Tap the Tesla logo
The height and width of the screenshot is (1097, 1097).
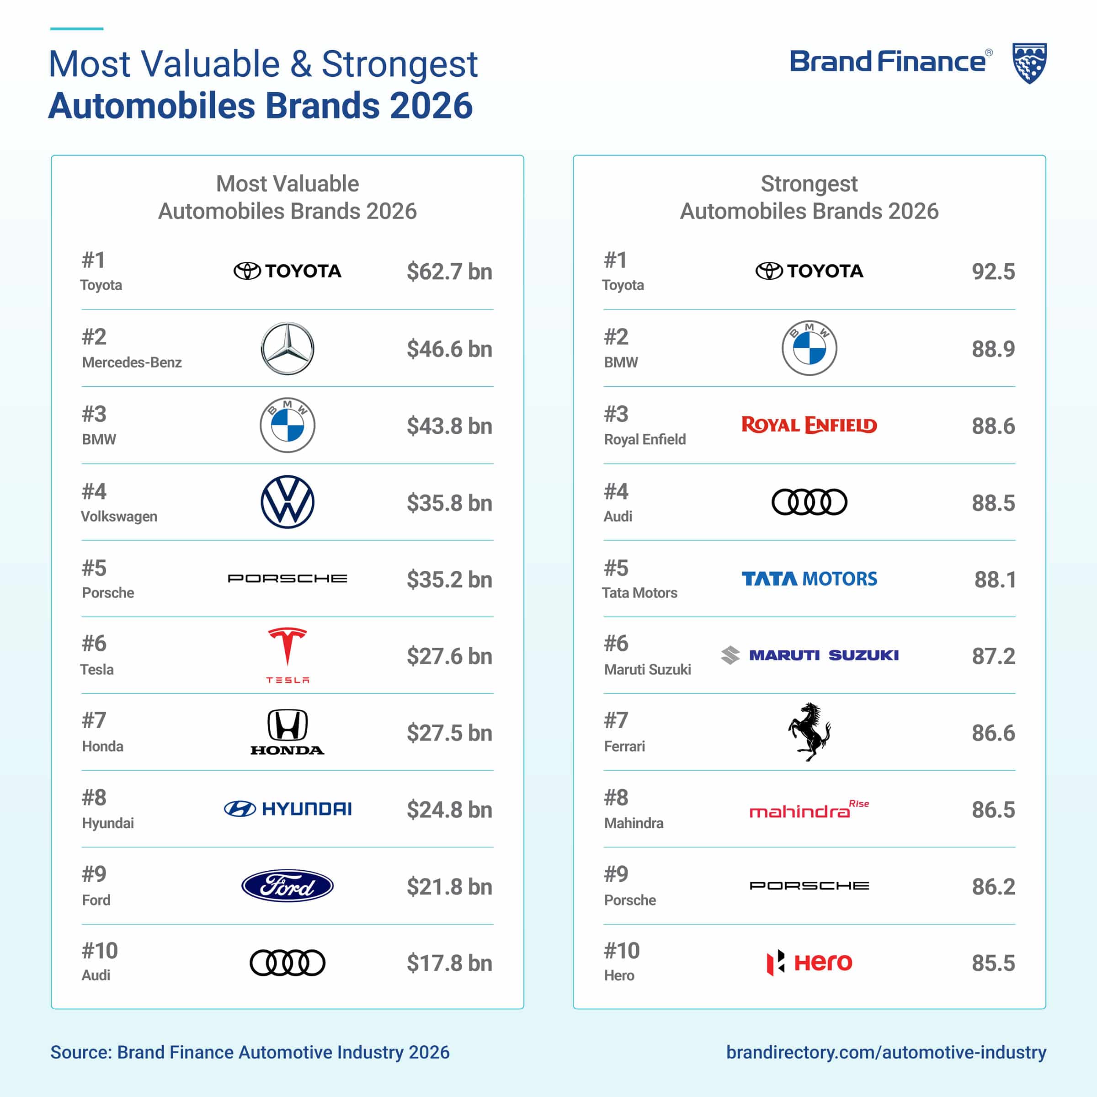click(288, 655)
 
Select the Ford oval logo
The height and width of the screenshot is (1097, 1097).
click(288, 886)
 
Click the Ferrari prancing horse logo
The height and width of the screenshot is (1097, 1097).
click(809, 732)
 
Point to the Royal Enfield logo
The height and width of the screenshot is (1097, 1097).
click(809, 425)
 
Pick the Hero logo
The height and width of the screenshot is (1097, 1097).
click(809, 963)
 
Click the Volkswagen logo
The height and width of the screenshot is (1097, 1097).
click(288, 502)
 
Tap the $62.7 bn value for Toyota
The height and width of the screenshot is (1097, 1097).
click(449, 272)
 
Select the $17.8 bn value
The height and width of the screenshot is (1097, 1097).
click(449, 963)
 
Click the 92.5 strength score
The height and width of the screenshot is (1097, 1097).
click(993, 272)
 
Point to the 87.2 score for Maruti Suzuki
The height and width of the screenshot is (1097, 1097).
click(993, 656)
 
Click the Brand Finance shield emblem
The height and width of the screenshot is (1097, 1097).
click(1029, 63)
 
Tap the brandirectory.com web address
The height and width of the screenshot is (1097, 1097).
click(886, 1052)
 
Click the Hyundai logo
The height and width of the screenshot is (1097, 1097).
click(288, 809)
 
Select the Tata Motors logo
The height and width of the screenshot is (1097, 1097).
click(809, 579)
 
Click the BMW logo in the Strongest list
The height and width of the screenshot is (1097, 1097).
click(809, 348)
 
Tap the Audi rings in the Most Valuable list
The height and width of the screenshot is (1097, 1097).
click(288, 963)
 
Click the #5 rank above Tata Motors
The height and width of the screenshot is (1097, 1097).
click(616, 568)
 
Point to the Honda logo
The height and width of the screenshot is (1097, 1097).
click(288, 732)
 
